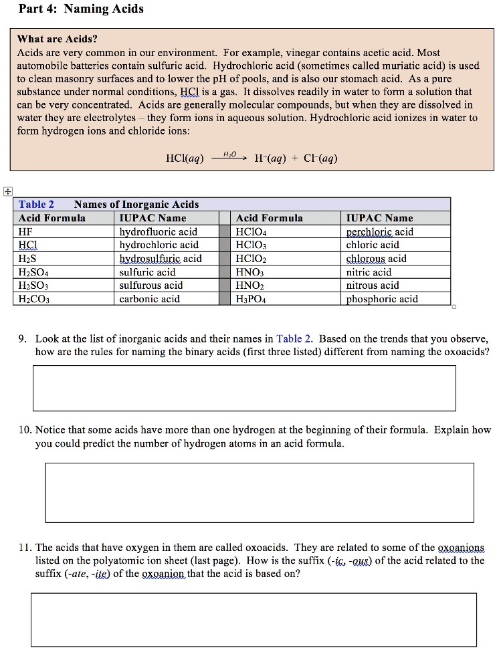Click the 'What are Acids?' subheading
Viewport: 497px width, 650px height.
57,39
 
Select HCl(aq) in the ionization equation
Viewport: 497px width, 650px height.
185,158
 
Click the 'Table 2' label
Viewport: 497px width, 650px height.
36,205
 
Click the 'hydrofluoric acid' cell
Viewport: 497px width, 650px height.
158,232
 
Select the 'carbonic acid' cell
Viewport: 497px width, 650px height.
149,299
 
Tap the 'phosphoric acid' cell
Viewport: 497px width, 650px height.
381,299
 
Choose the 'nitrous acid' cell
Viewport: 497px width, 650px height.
372,286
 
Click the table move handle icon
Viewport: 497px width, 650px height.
7,191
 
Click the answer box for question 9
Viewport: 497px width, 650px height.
243,387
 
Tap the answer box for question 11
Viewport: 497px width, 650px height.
253,619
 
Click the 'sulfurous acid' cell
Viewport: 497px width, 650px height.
151,286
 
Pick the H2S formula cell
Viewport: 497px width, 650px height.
29,259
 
